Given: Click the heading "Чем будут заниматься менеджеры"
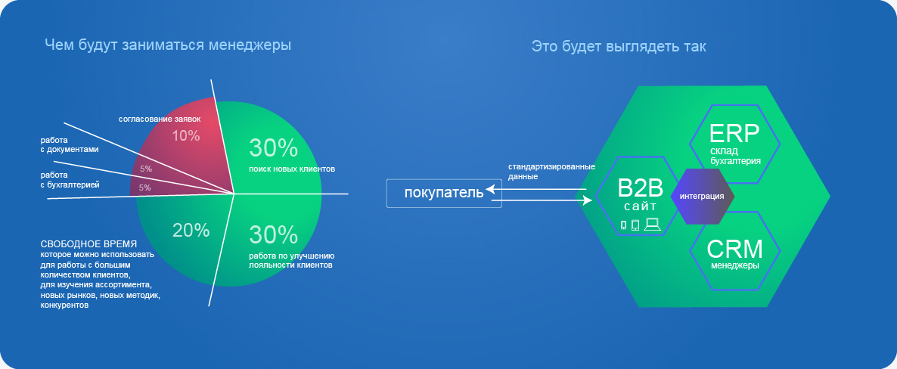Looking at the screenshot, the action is [168, 45].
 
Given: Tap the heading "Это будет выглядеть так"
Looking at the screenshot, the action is [619, 46].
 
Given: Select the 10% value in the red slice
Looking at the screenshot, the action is [186, 136].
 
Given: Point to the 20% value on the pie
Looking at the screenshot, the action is [191, 230].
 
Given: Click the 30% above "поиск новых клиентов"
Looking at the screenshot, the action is [274, 148].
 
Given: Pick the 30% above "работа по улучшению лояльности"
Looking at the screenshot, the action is [274, 235].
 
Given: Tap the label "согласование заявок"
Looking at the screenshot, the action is [160, 119].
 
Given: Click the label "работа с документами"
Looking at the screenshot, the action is [70, 144].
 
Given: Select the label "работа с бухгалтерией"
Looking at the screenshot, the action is [70, 180].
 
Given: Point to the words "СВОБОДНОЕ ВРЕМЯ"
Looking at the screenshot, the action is [88, 243].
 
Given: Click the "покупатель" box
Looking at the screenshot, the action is [444, 194].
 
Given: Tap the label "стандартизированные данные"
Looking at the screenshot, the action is [551, 172].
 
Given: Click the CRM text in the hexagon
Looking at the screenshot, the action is [734, 249].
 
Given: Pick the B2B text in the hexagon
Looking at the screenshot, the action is [640, 188].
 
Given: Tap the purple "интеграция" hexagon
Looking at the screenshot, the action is [701, 197].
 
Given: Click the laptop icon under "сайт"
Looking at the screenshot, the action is [652, 225].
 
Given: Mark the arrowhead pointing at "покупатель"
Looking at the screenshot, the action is [489, 189].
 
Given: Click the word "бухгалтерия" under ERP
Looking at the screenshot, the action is [735, 161].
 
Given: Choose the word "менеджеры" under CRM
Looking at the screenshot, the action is [734, 265].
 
